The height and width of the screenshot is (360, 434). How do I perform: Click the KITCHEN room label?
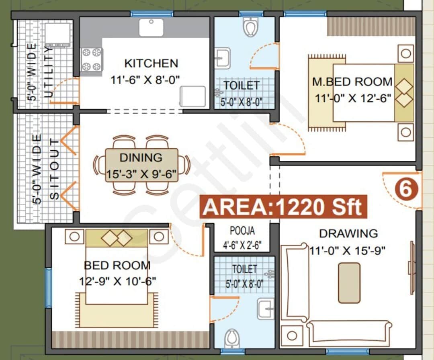tap(151, 63)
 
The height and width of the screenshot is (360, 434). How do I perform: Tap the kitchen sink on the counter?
tap(151, 27)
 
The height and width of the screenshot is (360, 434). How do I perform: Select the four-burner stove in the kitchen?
tap(91, 59)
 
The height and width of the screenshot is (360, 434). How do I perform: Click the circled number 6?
tap(406, 189)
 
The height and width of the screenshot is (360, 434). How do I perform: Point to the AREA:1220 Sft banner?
tap(283, 207)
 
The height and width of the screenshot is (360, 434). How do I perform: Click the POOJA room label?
tap(242, 231)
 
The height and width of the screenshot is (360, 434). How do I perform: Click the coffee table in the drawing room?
tap(349, 282)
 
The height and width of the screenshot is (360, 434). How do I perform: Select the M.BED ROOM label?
tap(352, 82)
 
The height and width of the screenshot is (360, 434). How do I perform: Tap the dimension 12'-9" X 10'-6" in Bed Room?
tap(117, 280)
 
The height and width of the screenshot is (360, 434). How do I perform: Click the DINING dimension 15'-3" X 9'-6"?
tap(141, 175)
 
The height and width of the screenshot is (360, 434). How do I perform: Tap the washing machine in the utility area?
tap(57, 34)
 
